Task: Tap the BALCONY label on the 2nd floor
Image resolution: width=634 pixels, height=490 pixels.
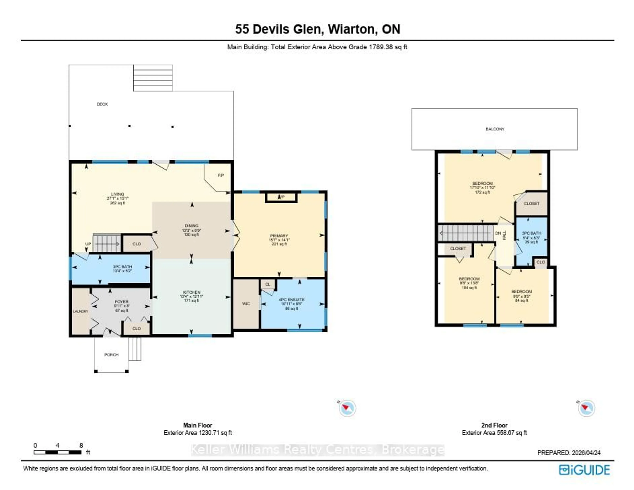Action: tap(495, 129)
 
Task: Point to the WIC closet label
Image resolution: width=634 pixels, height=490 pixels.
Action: tap(246, 304)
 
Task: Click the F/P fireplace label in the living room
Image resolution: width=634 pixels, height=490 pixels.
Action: tap(221, 175)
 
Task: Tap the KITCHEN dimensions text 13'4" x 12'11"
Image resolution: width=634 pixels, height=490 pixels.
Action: tap(191, 297)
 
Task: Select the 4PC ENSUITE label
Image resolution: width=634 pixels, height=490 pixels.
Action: tap(291, 299)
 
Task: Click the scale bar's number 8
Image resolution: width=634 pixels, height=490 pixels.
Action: tap(81, 445)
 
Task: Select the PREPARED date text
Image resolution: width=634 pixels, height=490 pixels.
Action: tap(569, 453)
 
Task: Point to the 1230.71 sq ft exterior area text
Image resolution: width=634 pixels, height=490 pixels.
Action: tap(215, 433)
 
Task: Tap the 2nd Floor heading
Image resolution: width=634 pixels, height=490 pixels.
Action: tap(494, 425)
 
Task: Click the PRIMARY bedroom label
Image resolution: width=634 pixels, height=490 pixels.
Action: tap(279, 236)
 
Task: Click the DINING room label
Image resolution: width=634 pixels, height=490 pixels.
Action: tap(191, 226)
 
